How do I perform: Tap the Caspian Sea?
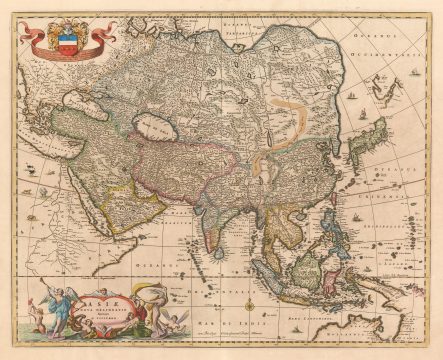pyautogui.click(x=156, y=127)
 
